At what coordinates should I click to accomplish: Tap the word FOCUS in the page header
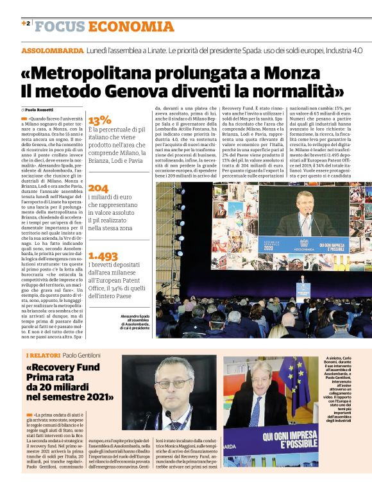click(x=60, y=26)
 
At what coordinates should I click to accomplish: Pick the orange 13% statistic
click(x=99, y=120)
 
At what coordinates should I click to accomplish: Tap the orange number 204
click(x=98, y=188)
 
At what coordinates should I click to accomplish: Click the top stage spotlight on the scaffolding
click(x=181, y=190)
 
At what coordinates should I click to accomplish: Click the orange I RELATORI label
click(x=43, y=355)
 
